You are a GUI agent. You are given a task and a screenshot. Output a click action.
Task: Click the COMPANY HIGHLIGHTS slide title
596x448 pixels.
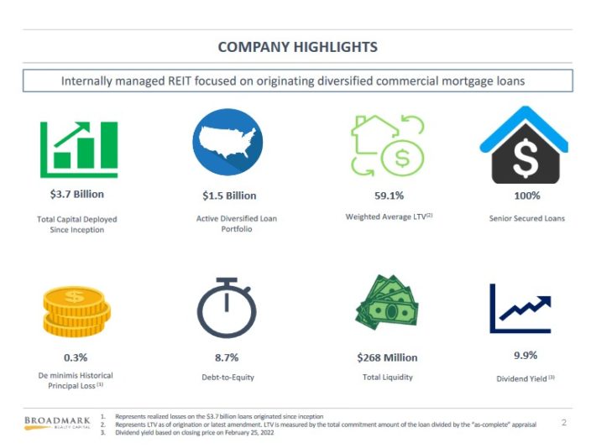pos(297,47)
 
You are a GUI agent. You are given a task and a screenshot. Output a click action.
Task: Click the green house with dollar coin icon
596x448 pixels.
pos(387,143)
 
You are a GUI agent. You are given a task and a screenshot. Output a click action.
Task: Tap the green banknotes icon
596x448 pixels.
pos(387,307)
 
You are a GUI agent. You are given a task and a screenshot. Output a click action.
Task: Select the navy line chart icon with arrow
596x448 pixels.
pos(521,307)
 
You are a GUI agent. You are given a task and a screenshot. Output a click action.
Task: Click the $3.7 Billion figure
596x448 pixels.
pos(76,195)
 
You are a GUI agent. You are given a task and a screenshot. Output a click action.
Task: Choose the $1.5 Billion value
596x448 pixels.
pos(229,195)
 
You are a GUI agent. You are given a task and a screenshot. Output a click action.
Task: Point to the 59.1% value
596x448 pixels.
pos(389,195)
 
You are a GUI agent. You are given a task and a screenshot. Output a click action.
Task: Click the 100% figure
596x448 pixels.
pos(526,195)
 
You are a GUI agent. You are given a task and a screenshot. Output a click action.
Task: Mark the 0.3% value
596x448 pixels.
pos(76,357)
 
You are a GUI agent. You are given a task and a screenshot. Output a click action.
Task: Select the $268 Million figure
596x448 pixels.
pos(387,357)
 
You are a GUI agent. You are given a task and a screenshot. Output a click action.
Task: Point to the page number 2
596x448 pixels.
pos(563,423)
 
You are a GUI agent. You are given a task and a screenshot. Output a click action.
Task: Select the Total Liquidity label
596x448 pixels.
pos(387,378)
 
